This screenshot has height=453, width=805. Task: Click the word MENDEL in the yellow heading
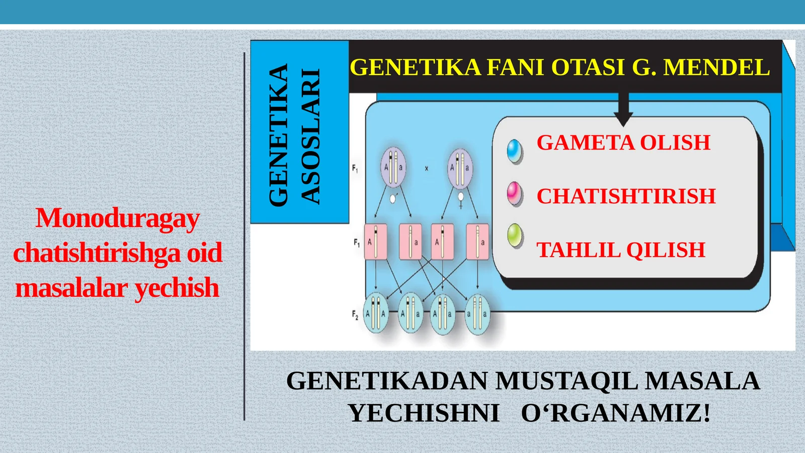716,67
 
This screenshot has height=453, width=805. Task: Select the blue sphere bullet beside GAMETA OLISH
515,152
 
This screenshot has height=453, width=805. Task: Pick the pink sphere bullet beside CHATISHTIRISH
515,194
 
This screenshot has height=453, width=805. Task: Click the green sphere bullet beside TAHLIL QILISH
515,236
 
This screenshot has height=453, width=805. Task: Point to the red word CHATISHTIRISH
626,196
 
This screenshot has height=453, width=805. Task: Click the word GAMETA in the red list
586,142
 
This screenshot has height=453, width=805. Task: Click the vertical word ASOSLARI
310,136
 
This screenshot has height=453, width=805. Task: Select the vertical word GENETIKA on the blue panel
278,135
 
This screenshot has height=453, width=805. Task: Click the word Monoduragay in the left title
118,218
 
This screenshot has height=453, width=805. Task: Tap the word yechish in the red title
177,287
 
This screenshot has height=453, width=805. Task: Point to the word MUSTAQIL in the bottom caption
567,381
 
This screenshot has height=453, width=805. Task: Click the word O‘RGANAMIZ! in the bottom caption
616,413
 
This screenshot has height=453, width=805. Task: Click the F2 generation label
355,315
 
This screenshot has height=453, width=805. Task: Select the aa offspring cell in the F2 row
477,315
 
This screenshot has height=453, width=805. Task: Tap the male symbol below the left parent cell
393,198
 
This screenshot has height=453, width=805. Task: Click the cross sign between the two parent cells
427,168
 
